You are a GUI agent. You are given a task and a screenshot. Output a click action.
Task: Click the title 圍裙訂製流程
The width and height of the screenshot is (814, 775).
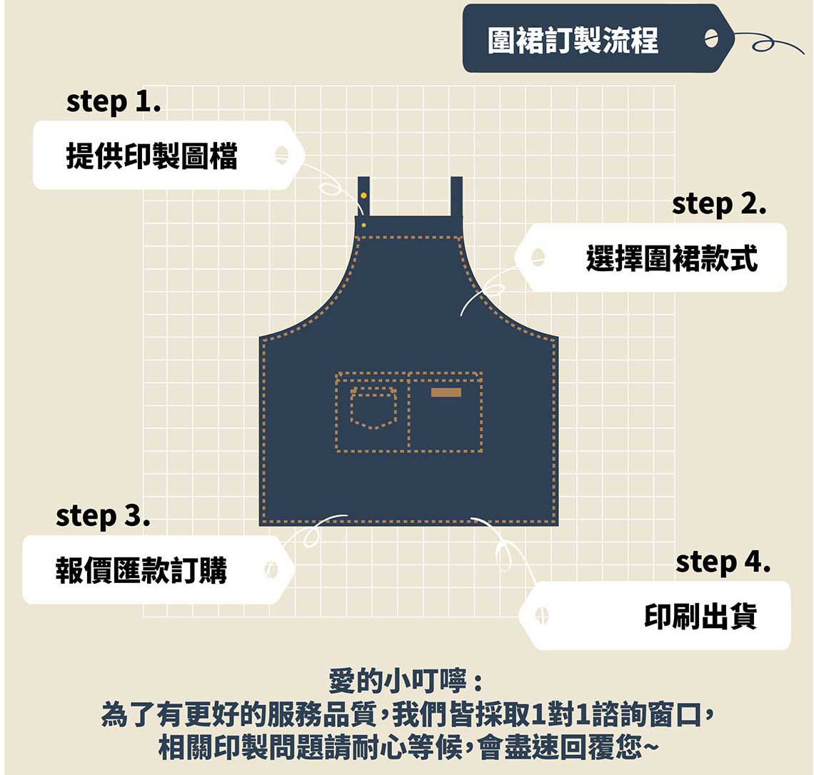click(x=573, y=41)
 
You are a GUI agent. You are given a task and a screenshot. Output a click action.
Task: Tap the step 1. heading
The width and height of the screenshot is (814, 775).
click(x=114, y=102)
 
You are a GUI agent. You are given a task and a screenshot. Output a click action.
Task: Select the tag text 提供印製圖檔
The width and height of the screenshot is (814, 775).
click(x=151, y=156)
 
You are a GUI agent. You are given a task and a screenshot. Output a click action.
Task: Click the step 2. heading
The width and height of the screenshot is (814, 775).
click(x=718, y=205)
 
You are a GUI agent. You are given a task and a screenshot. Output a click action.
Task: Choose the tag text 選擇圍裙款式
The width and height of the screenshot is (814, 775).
click(x=671, y=258)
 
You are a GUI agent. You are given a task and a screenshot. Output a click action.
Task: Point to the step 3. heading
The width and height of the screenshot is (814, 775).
click(x=103, y=516)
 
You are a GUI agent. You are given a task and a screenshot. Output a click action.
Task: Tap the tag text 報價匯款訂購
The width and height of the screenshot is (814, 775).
click(x=141, y=571)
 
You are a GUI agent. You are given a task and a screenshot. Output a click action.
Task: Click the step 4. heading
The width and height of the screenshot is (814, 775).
click(x=723, y=563)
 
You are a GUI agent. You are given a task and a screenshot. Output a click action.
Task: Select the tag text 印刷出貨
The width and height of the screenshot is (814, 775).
click(x=700, y=617)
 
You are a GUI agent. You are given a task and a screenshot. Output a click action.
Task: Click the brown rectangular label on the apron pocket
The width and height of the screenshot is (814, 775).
click(x=446, y=392)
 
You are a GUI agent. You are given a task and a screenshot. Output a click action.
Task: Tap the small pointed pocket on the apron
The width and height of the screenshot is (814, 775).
click(x=373, y=410)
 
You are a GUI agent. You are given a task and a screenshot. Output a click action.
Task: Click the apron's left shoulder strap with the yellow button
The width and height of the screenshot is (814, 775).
click(x=363, y=196)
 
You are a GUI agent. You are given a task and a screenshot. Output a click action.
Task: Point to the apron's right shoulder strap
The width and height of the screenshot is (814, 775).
click(x=456, y=196)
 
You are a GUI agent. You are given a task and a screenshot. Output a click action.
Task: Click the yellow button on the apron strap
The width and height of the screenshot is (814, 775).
click(x=363, y=195)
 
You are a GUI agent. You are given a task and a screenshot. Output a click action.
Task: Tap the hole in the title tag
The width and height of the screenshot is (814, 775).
click(x=710, y=39)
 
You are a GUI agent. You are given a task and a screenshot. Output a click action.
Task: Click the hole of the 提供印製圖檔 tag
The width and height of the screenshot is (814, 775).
click(x=281, y=155)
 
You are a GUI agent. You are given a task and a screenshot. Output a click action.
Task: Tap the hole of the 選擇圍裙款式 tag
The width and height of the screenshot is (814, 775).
click(x=538, y=258)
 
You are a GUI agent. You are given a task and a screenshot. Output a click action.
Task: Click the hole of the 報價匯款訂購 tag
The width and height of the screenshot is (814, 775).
click(x=271, y=570)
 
